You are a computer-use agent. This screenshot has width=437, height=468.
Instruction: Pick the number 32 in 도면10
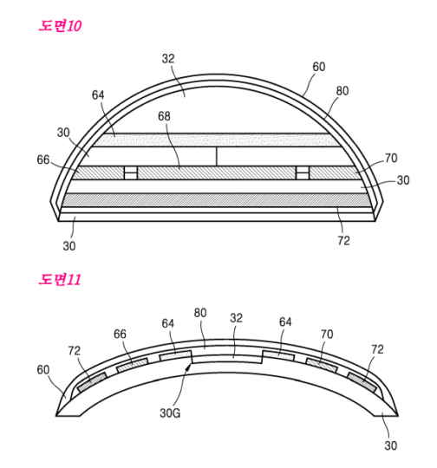click(168, 59)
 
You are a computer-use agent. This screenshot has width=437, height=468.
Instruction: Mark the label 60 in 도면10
click(319, 67)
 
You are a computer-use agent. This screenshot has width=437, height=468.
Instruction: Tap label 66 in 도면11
click(121, 333)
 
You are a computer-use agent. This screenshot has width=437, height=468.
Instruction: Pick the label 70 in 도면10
click(366, 159)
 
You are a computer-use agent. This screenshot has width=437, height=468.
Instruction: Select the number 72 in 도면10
click(342, 241)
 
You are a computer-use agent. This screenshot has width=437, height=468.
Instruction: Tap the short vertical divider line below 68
click(217, 156)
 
